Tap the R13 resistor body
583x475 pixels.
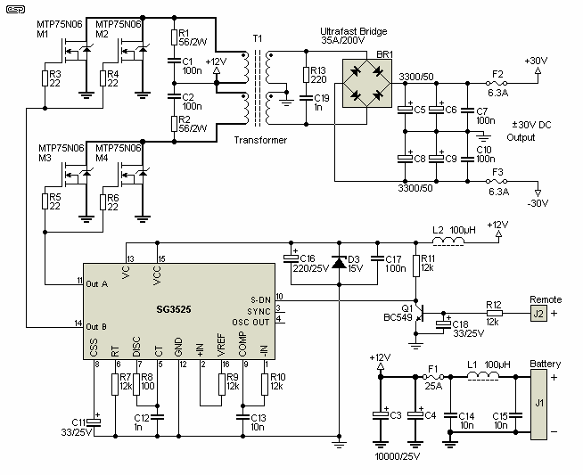tap(307, 75)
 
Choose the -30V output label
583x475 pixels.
tap(537, 203)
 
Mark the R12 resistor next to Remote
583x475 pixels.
tap(493, 313)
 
